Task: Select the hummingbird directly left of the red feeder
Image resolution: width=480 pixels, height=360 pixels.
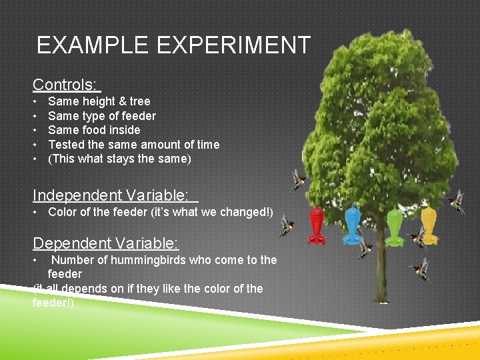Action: (286, 225)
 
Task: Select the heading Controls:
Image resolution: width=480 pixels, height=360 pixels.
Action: (66, 85)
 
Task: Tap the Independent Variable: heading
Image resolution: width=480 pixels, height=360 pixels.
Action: (114, 195)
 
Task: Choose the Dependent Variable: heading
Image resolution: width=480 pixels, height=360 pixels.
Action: (106, 243)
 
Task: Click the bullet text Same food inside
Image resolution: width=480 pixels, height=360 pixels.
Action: (94, 130)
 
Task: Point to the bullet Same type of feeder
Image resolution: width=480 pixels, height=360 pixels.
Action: (102, 116)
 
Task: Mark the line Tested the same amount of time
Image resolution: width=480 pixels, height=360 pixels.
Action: (133, 145)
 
